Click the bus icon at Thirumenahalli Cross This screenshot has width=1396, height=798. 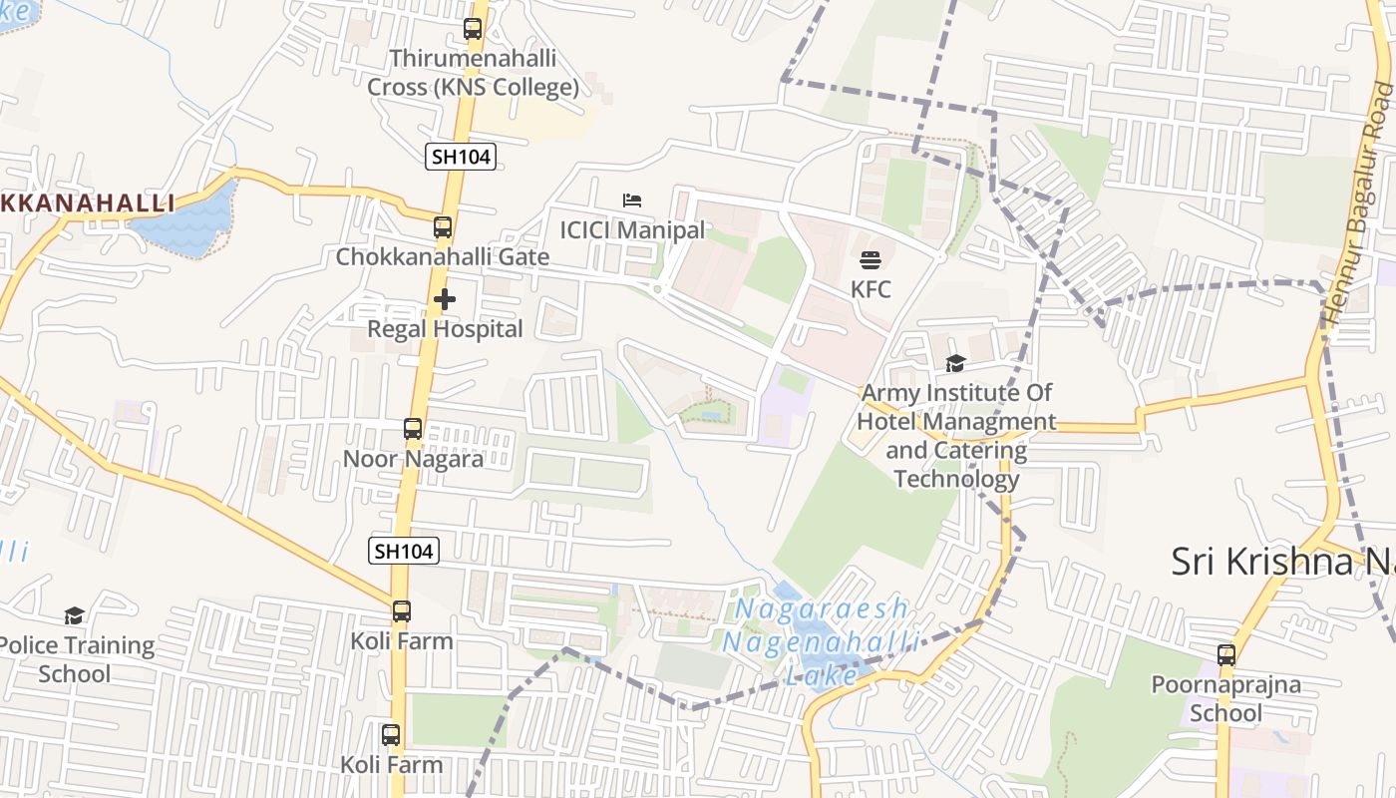tap(473, 29)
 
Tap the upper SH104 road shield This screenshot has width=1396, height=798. tap(461, 156)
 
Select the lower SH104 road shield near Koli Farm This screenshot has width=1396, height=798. tap(404, 551)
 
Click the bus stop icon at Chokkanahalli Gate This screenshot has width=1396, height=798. tap(443, 227)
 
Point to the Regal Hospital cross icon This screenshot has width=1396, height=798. tap(445, 298)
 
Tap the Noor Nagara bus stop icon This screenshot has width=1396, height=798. tap(413, 429)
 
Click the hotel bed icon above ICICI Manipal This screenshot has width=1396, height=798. tap(632, 200)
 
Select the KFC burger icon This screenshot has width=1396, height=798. tap(871, 261)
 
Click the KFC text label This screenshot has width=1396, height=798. tap(871, 290)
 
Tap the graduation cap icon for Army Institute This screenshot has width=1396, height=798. tap(956, 364)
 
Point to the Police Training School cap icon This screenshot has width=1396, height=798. tap(74, 615)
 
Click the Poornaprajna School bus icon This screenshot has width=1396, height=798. tap(1226, 655)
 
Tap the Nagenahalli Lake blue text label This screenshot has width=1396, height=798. tap(820, 641)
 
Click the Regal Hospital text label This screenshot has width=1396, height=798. tap(445, 329)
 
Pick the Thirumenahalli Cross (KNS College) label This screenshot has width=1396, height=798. tap(473, 73)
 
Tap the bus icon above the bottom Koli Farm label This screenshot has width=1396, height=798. tap(391, 735)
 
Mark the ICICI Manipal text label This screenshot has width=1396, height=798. tap(632, 230)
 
